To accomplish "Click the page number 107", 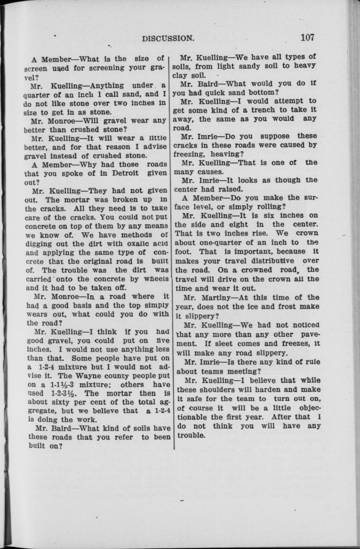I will pyautogui.click(x=307, y=38).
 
